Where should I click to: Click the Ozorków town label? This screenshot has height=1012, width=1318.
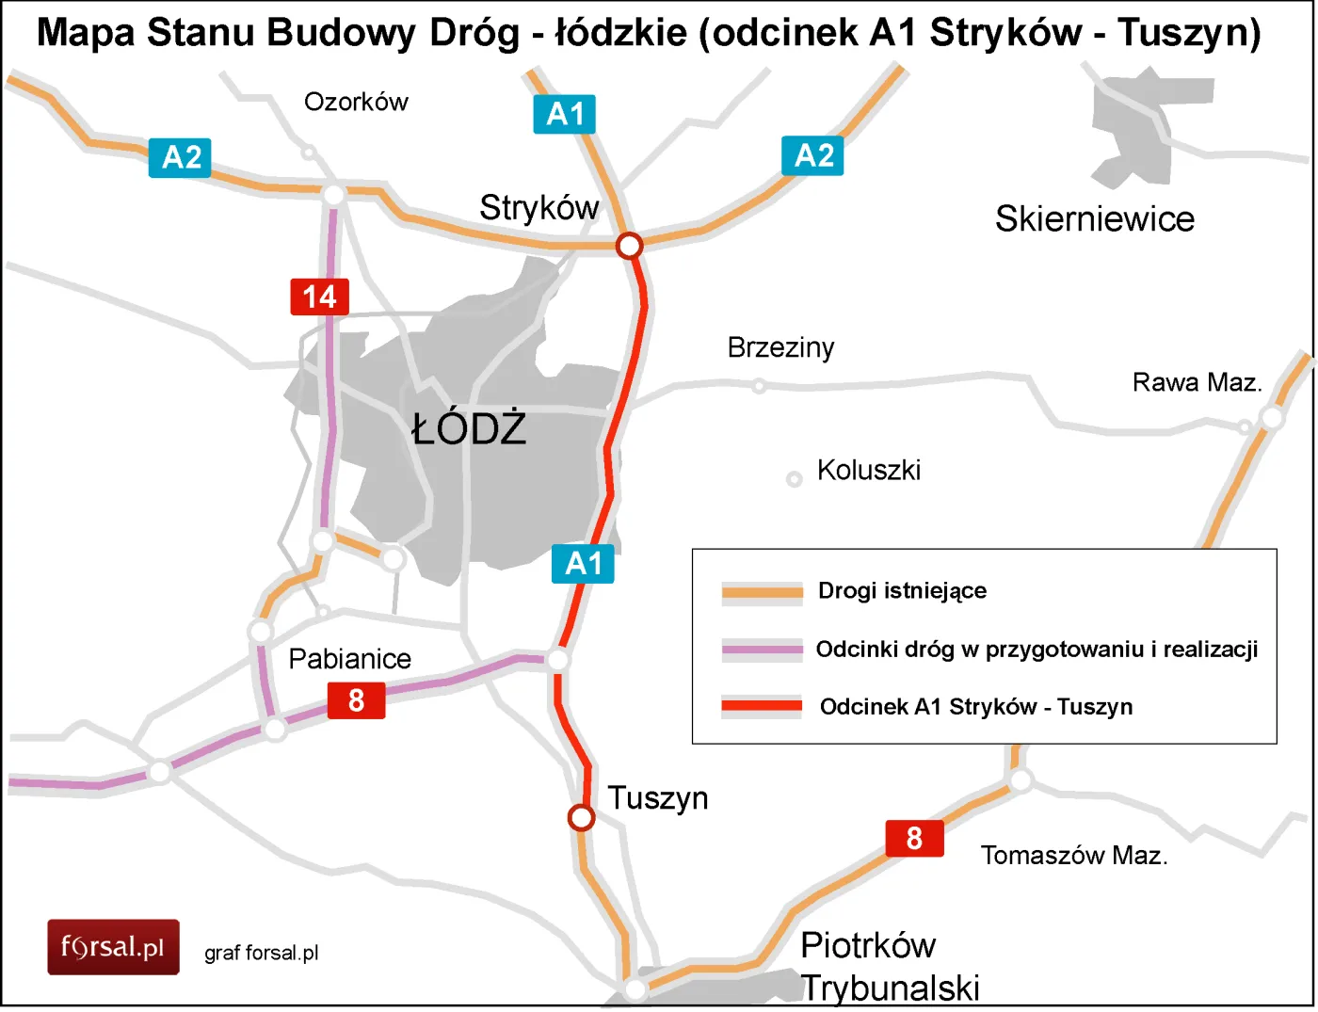356,102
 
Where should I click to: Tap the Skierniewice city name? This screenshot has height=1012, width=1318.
1094,218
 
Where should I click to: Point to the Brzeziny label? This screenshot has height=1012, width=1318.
780,347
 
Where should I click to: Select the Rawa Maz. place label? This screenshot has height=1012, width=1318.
1196,382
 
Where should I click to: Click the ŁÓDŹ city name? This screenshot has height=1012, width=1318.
469,429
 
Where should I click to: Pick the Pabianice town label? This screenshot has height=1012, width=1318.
349,658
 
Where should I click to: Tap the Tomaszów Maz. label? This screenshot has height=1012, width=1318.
1073,855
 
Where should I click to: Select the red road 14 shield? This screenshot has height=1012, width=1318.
319,297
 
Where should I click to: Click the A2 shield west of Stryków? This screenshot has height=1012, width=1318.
180,157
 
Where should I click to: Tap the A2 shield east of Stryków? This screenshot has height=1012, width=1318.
812,155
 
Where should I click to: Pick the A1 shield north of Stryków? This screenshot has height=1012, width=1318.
564,114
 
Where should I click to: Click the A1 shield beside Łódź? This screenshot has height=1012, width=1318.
583,563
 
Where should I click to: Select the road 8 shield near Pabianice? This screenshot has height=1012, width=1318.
356,700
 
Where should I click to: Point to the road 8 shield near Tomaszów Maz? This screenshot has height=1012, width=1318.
913,838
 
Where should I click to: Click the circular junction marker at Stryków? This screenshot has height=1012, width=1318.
629,246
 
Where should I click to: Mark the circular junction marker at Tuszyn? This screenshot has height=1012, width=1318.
582,817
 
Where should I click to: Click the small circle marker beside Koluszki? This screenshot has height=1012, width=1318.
794,479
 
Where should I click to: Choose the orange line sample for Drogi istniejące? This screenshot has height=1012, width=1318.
762,591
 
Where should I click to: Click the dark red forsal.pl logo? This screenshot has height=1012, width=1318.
113,946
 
